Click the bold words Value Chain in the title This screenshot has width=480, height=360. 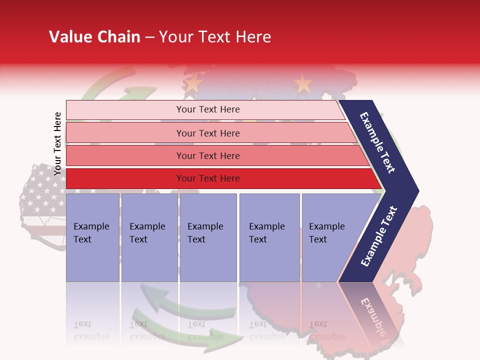(x=94, y=37)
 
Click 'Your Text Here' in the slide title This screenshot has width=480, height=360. (x=215, y=37)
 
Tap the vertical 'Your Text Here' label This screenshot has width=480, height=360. (x=57, y=143)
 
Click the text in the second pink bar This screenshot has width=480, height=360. (x=208, y=133)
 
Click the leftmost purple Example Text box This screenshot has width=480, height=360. (x=92, y=237)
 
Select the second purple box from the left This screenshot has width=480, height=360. (x=149, y=237)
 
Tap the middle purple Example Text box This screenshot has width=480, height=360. (x=208, y=237)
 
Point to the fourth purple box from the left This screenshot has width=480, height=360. (x=269, y=237)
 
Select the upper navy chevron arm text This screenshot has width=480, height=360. (x=377, y=142)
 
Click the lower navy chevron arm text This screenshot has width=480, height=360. (x=379, y=236)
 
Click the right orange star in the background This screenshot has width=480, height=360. (x=302, y=83)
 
